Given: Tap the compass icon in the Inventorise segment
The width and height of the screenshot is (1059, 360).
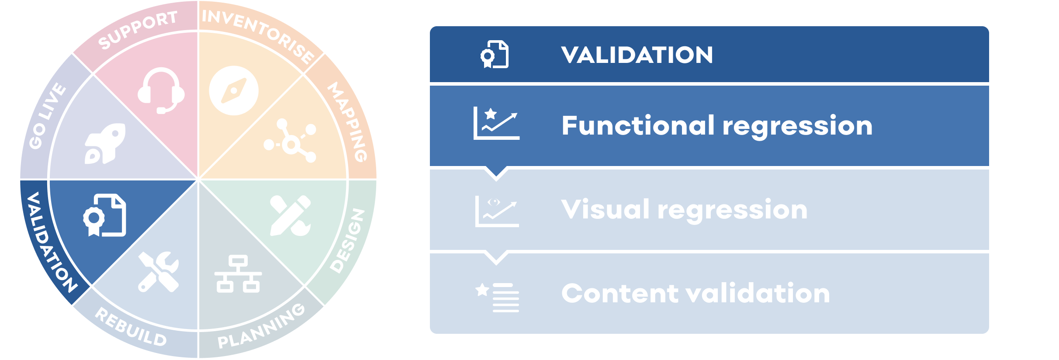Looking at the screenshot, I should pos(234,90).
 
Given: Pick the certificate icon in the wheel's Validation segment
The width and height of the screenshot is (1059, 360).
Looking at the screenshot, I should pos(105,215).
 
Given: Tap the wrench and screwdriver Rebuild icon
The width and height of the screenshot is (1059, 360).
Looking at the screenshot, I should pos(158,272).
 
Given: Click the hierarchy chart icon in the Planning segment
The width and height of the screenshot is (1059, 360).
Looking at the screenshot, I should pos(238,274).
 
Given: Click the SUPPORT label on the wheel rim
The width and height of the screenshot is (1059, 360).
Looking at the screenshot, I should pos(138,30).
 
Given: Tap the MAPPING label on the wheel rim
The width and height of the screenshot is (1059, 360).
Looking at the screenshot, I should pos(348,121).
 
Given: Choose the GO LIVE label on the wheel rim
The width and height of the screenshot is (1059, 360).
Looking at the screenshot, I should pos(47,116).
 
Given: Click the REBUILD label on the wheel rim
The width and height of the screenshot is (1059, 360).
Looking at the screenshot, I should pos(131,327).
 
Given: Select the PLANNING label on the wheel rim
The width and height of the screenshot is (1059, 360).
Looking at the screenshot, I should pos(261,326).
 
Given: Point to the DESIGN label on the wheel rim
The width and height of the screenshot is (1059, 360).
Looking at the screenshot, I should pos(347,240).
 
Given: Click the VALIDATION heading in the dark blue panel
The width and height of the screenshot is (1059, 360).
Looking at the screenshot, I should pos(637,55).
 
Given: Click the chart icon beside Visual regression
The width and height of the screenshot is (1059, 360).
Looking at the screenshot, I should pos(497,211).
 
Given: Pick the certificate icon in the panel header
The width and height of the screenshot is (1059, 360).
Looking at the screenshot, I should pos(495,55).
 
